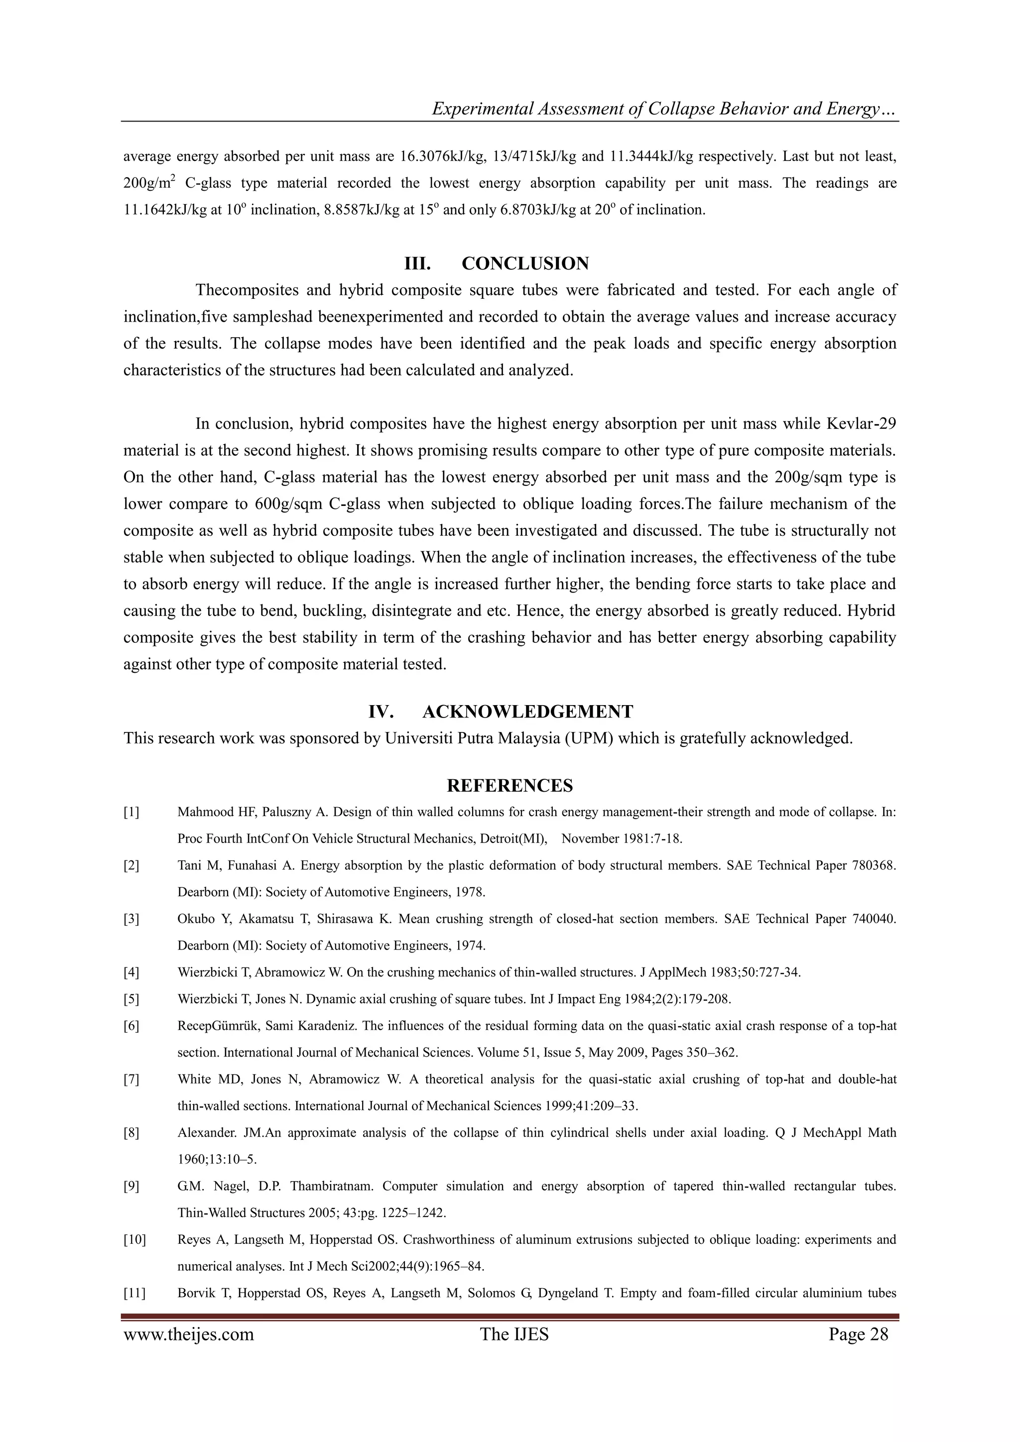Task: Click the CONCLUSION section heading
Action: pyautogui.click(x=525, y=264)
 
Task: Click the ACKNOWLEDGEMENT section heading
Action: pyautogui.click(x=527, y=712)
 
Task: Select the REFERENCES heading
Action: pyautogui.click(x=510, y=786)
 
